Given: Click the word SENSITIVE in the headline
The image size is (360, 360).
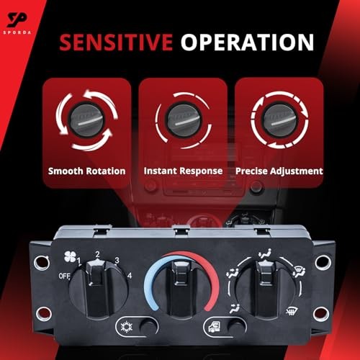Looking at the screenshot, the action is pos(116,42).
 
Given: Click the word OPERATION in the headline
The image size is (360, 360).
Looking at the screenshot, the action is pos(247,42).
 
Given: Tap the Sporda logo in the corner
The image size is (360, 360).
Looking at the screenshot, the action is pos(17,22).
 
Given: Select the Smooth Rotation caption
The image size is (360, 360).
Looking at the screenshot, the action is pos(87,171).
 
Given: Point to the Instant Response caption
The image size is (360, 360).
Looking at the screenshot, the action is pos(183,171).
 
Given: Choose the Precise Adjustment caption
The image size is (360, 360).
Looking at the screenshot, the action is pos(279,171).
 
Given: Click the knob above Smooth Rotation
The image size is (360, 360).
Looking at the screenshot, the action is pos(87,120).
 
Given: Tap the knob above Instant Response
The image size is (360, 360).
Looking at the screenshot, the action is pos(184,120).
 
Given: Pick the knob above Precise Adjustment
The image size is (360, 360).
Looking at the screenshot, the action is pos(280,120).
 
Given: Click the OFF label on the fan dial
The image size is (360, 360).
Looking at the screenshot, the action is pos(64,276).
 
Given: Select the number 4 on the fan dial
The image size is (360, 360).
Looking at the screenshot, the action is pos(130,276).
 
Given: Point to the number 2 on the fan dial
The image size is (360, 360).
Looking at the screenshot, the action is pos(97,254).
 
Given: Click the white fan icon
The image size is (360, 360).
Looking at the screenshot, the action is pos(70,256).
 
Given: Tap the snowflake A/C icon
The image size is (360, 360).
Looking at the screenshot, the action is pos(126,327).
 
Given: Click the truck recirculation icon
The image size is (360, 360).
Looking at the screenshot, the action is pos(215,327).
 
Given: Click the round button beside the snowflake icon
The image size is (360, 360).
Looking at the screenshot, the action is pos(148,327).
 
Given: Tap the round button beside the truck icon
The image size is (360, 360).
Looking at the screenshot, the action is pos(235,327).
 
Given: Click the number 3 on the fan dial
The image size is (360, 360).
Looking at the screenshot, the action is pos(117,260).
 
